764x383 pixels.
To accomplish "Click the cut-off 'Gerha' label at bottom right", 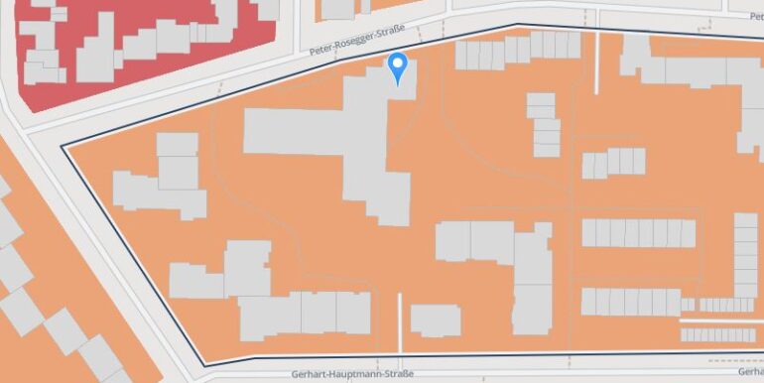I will [x=749, y=370].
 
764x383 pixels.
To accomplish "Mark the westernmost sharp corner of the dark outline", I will [x=63, y=146].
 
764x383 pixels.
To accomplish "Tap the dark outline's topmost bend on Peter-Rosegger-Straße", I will [x=516, y=25].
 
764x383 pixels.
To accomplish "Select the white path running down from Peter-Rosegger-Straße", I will [x=596, y=62].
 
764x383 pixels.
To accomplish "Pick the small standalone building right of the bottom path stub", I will [x=435, y=319].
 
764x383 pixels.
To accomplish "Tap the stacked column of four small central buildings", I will [x=544, y=125].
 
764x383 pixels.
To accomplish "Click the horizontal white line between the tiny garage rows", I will [x=719, y=320].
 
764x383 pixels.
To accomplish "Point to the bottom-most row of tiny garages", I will [x=720, y=335].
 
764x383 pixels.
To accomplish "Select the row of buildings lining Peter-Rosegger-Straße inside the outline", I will [x=516, y=50].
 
